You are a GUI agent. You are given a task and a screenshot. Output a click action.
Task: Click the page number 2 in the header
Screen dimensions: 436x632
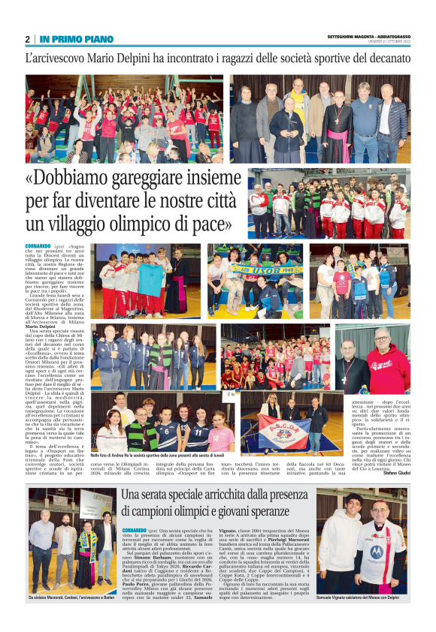(28, 39)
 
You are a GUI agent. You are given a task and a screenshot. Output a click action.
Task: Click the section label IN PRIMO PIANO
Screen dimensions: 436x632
(76, 39)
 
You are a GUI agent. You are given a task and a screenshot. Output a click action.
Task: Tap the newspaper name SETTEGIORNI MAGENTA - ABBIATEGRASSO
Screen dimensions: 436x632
(369, 37)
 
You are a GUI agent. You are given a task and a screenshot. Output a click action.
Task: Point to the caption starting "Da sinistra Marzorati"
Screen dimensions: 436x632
(70, 597)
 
